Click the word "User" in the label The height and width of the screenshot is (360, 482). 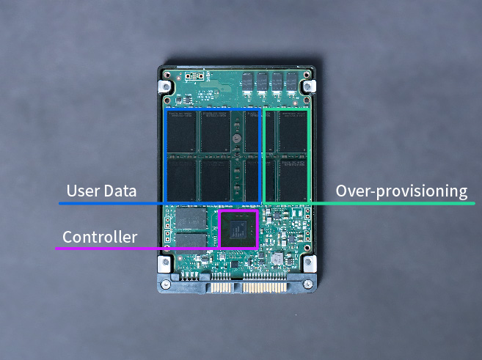pyautogui.click(x=84, y=191)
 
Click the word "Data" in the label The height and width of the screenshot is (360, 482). pyautogui.click(x=120, y=191)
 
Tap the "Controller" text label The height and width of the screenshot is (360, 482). pyautogui.click(x=100, y=237)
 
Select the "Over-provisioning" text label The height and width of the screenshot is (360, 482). pyautogui.click(x=401, y=191)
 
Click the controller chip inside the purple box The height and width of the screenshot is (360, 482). pyautogui.click(x=238, y=229)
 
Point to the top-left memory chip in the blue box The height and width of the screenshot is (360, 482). pyautogui.click(x=182, y=131)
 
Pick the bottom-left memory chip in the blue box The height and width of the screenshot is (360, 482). pyautogui.click(x=182, y=180)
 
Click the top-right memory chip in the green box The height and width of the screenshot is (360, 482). pyautogui.click(x=293, y=131)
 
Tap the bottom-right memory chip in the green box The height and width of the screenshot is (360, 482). pyautogui.click(x=293, y=180)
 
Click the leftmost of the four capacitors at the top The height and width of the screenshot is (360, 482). pyautogui.click(x=248, y=83)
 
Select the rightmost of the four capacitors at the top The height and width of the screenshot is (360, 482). pyautogui.click(x=292, y=83)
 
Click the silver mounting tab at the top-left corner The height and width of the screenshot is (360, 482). pyautogui.click(x=165, y=87)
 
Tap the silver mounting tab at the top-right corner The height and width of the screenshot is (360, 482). pyautogui.click(x=309, y=87)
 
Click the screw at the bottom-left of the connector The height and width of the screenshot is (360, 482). pyautogui.click(x=166, y=284)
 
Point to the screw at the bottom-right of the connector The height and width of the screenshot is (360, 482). pyautogui.click(x=307, y=284)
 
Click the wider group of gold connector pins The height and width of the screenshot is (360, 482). pyautogui.click(x=265, y=288)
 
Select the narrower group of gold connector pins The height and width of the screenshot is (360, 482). pyautogui.click(x=221, y=288)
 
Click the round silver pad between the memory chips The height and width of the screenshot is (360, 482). pyautogui.click(x=236, y=138)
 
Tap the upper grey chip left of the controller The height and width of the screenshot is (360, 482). pyautogui.click(x=191, y=218)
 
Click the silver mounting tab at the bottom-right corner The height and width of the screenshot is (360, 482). pyautogui.click(x=310, y=264)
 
